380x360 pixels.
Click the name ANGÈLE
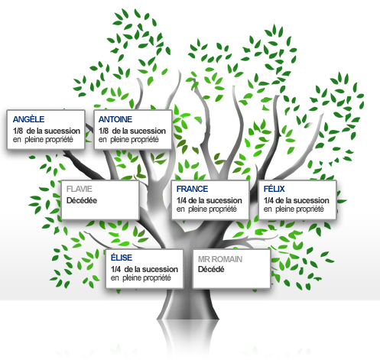click(x=28, y=118)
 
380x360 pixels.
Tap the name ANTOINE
click(x=115, y=119)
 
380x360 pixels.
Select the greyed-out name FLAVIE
click(x=80, y=189)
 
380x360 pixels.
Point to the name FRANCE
click(x=192, y=189)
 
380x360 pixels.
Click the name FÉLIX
click(x=274, y=189)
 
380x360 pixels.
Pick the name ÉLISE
click(x=122, y=258)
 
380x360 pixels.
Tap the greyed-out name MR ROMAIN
click(x=220, y=259)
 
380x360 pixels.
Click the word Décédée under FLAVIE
click(x=82, y=200)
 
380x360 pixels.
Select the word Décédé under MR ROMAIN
click(x=211, y=269)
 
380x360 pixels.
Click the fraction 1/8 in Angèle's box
click(x=18, y=131)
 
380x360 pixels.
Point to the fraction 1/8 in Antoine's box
click(x=103, y=131)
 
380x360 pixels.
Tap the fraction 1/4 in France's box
click(x=181, y=200)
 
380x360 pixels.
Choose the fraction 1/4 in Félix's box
click(x=268, y=200)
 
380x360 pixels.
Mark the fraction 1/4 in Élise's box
click(x=115, y=269)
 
